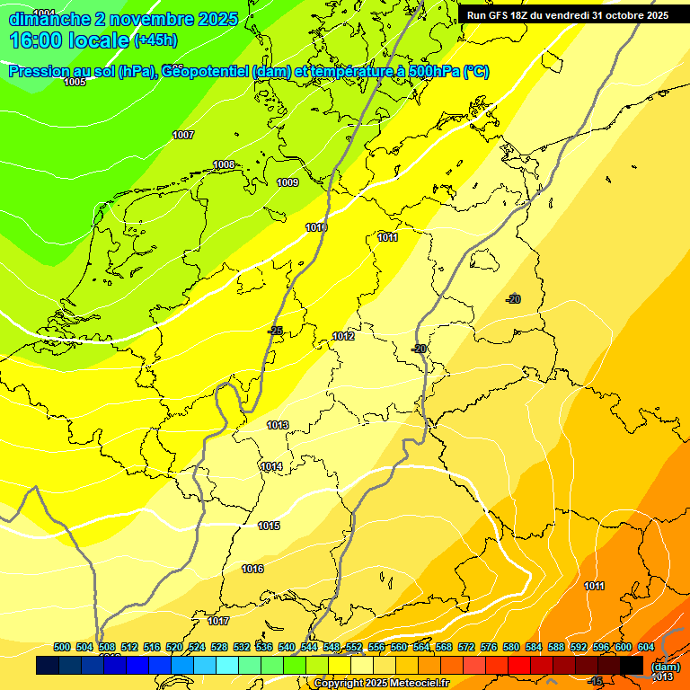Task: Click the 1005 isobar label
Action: pyautogui.click(x=75, y=82)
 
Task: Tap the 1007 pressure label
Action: pyautogui.click(x=183, y=135)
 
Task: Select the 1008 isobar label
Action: pyautogui.click(x=224, y=164)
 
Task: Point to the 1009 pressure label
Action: pyautogui.click(x=287, y=182)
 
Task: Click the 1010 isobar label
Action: pyautogui.click(x=316, y=227)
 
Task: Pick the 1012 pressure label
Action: pyautogui.click(x=343, y=336)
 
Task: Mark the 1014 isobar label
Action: pyautogui.click(x=271, y=466)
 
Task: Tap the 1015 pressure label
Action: pyautogui.click(x=269, y=526)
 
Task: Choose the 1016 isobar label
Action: pyautogui.click(x=252, y=569)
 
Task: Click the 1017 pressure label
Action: pyautogui.click(x=218, y=621)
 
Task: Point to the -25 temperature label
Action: pyautogui.click(x=275, y=331)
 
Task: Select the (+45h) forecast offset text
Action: pyautogui.click(x=155, y=40)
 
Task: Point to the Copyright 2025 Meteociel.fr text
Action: pyautogui.click(x=381, y=683)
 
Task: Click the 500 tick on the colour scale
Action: pyautogui.click(x=62, y=647)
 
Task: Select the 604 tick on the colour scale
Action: pyautogui.click(x=646, y=647)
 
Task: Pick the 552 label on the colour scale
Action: pyautogui.click(x=354, y=647)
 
